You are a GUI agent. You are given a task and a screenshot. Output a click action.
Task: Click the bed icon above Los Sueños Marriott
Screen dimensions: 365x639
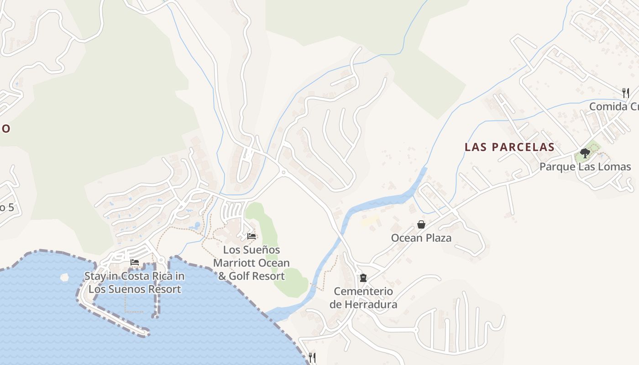pyautogui.click(x=251, y=236)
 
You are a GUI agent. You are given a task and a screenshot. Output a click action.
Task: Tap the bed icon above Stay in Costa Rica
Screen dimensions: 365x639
pyautogui.click(x=135, y=262)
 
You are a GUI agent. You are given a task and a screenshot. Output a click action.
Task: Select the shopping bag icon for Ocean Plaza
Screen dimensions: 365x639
pyautogui.click(x=421, y=224)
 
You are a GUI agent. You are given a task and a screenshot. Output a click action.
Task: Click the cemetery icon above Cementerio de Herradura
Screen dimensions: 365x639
pyautogui.click(x=363, y=278)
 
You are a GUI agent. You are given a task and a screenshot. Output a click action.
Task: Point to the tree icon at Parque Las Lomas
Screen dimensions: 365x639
pyautogui.click(x=585, y=153)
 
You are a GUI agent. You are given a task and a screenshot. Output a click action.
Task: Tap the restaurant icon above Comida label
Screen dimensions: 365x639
pyautogui.click(x=626, y=93)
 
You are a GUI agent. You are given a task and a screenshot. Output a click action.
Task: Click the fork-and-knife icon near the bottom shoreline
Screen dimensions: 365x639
pyautogui.click(x=312, y=357)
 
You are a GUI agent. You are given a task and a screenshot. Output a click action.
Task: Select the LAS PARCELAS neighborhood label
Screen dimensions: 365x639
pyautogui.click(x=509, y=147)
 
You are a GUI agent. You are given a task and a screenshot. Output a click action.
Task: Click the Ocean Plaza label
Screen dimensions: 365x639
pyautogui.click(x=421, y=238)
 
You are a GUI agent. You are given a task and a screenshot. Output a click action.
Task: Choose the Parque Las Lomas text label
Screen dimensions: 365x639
pyautogui.click(x=585, y=167)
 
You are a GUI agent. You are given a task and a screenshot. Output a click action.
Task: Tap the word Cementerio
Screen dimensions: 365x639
pyautogui.click(x=363, y=291)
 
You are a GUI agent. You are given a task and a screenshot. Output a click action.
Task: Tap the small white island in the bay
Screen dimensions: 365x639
pyautogui.click(x=64, y=277)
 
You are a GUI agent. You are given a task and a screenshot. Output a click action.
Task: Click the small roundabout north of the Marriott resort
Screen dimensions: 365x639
pyautogui.click(x=283, y=172)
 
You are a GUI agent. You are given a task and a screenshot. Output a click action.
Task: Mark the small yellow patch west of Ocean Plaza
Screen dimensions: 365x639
pyautogui.click(x=369, y=222)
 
